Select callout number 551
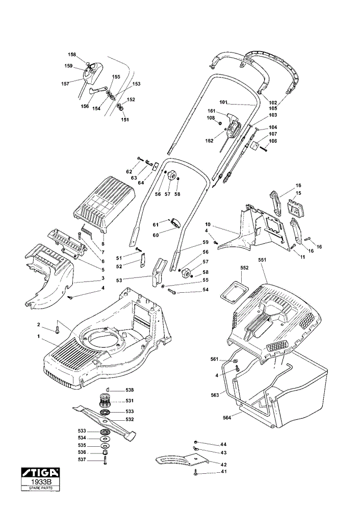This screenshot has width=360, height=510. pyautogui.click(x=262, y=260)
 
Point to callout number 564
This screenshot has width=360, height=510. pyautogui.click(x=227, y=418)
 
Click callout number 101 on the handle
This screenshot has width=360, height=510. pyautogui.click(x=223, y=102)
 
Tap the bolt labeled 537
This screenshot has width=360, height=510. pyautogui.click(x=105, y=461)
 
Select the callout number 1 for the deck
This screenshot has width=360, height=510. pyautogui.click(x=38, y=336)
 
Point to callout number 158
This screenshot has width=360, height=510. pyautogui.click(x=72, y=55)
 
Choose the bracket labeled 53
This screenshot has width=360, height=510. pyautogui.click(x=160, y=272)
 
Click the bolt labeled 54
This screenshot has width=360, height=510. pyautogui.click(x=172, y=292)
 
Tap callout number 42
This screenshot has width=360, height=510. pyautogui.click(x=223, y=465)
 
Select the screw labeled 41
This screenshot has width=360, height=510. pyautogui.click(x=196, y=473)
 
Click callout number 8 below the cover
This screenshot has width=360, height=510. pyautogui.click(x=103, y=244)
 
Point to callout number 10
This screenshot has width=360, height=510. pyautogui.click(x=208, y=224)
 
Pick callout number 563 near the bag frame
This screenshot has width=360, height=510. pyautogui.click(x=215, y=395)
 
